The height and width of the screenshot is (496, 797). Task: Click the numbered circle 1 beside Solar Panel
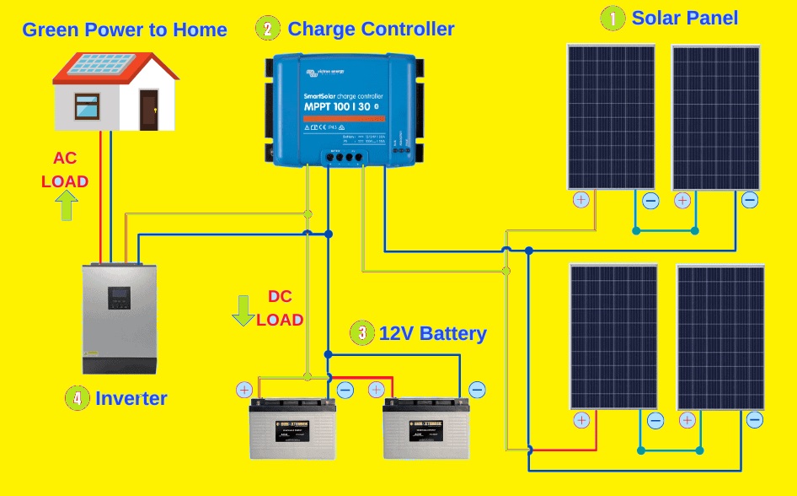(x=612, y=17)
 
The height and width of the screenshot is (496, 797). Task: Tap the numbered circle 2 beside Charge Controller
(x=267, y=28)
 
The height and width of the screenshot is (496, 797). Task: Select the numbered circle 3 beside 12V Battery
(x=362, y=332)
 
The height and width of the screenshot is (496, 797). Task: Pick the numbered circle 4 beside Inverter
(x=77, y=398)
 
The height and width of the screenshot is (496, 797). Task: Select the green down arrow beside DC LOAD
(x=243, y=310)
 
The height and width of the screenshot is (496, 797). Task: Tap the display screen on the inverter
(x=119, y=297)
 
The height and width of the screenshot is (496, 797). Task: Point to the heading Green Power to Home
(x=125, y=30)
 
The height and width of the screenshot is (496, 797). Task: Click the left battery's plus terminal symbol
(x=244, y=390)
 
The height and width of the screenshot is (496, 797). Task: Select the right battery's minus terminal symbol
(x=477, y=390)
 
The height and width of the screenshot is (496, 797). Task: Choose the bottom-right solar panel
(x=720, y=337)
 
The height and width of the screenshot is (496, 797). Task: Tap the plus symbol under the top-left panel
(x=580, y=200)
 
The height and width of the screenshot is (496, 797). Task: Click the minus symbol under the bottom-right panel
(x=755, y=420)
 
